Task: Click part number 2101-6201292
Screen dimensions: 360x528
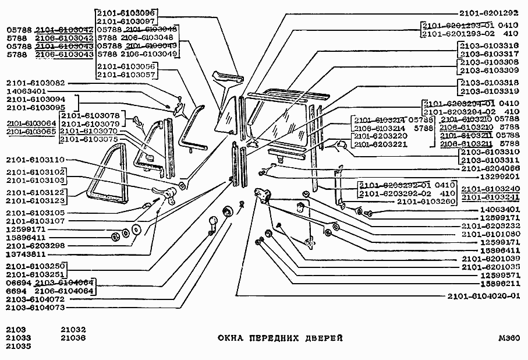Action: pos(488,13)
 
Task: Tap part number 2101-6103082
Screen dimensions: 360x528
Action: pos(36,83)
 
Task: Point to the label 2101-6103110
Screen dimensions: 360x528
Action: pos(36,159)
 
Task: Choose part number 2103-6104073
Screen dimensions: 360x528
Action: pos(36,307)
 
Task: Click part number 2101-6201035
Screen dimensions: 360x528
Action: pos(488,267)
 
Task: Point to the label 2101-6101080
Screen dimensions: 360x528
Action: pos(488,234)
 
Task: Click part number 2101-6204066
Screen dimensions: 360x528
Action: pos(488,168)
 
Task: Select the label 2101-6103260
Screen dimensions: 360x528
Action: pos(426,202)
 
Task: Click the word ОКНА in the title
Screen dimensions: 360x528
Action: pos(231,338)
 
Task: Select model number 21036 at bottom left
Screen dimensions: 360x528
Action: pos(73,337)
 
